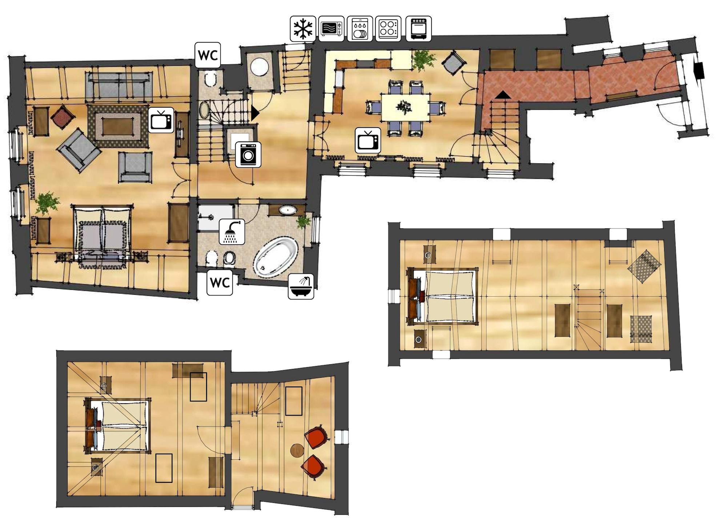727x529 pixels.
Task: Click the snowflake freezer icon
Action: coord(303,29)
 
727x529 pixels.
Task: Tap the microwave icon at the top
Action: coord(331,29)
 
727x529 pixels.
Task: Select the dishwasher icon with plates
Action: coord(360,29)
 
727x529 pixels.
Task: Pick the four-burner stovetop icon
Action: coord(388,29)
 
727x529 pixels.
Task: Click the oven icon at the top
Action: coord(418,29)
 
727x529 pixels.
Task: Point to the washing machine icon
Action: coord(248,155)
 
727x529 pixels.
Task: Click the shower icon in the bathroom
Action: coord(232,232)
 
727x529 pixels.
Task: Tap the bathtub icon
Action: coord(301,286)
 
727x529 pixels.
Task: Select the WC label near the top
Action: coord(208,55)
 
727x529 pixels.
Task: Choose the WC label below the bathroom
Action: coord(220,282)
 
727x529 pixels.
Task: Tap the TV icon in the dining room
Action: coord(368,140)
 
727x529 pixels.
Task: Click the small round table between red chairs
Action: coord(297,450)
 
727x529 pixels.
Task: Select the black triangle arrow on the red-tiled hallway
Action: coord(503,95)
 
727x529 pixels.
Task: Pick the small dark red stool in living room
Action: coord(63,117)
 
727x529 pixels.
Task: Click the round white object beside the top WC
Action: coord(260,66)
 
